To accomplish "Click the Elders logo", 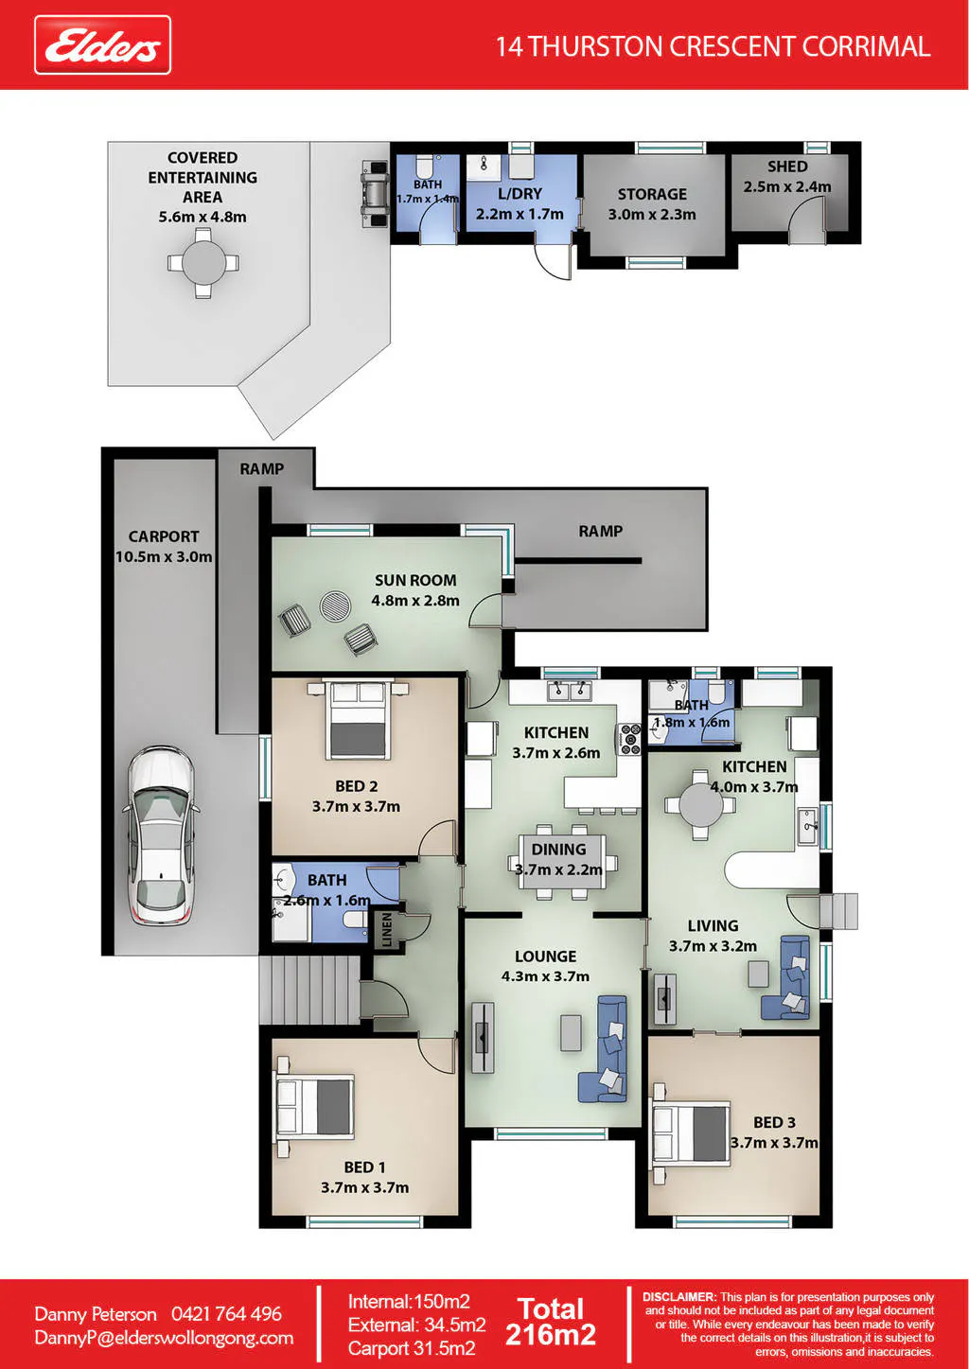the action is tap(103, 45).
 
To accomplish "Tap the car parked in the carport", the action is tap(161, 834).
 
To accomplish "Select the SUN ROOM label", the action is tap(415, 580).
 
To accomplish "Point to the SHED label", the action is tap(787, 167).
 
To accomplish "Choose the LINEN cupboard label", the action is tap(386, 930).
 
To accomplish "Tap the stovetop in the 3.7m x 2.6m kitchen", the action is tap(630, 738).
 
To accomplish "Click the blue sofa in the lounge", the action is tap(604, 1049).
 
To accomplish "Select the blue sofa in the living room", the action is tap(786, 977).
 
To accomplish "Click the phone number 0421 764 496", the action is tap(226, 1313).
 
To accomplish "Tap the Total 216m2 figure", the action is tap(550, 1322).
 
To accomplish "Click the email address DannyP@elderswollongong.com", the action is tap(164, 1338).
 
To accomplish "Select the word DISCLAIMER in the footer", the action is tap(678, 1297).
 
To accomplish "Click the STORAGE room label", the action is tap(652, 194).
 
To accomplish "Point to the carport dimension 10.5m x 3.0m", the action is tap(164, 556).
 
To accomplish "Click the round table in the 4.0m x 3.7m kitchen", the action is tap(700, 804).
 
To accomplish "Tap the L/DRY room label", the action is tap(520, 194).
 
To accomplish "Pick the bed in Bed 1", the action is tap(315, 1107).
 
